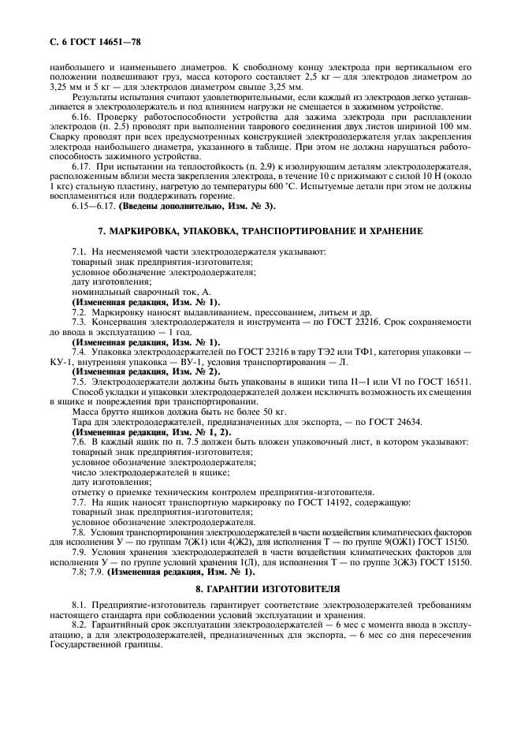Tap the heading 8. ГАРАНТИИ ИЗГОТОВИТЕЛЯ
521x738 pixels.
tap(260, 589)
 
